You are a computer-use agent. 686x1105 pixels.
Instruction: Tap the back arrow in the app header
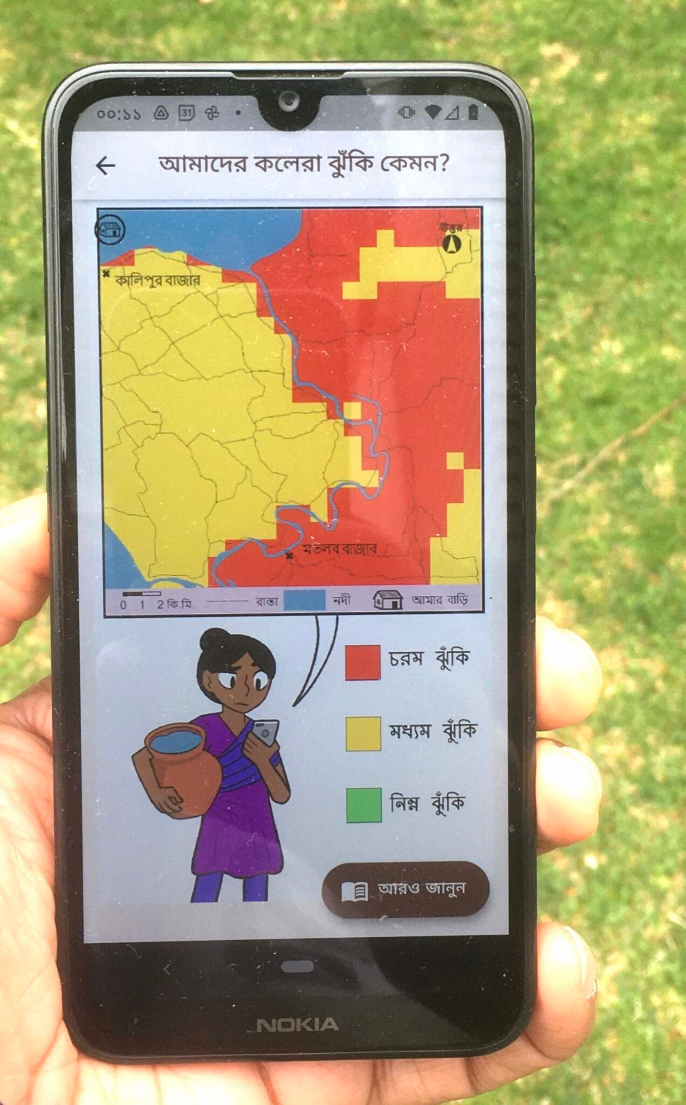click(x=105, y=165)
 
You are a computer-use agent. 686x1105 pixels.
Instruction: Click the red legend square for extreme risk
click(x=363, y=662)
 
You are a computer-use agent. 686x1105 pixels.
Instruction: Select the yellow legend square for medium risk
click(x=363, y=734)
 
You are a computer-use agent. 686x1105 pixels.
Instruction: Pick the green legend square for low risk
click(x=363, y=805)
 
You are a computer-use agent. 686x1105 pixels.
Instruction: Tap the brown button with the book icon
click(x=406, y=889)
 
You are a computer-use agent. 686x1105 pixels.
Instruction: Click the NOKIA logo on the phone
click(x=297, y=1025)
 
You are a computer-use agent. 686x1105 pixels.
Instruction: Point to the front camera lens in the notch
click(x=289, y=100)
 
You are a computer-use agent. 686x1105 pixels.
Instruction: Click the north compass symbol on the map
click(x=452, y=244)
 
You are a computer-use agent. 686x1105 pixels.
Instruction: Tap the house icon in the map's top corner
click(x=111, y=230)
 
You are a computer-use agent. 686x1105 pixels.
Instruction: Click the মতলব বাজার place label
click(x=340, y=549)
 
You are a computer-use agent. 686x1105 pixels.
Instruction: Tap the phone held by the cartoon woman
click(x=265, y=733)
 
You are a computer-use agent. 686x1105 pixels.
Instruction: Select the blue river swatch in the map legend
click(x=305, y=600)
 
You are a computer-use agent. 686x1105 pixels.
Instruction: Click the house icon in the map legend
click(x=388, y=599)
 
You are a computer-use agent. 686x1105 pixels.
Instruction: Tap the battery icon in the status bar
click(x=473, y=112)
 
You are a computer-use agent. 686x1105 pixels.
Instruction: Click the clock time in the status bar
click(x=119, y=114)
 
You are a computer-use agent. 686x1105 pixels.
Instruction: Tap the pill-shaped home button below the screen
click(x=297, y=967)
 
